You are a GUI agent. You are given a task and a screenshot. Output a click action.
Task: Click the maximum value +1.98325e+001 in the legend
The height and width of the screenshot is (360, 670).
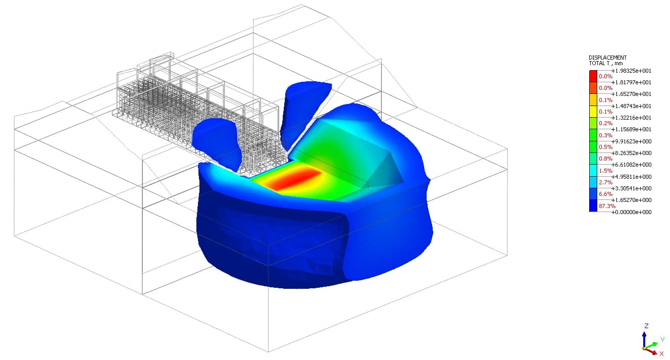coord(631,71)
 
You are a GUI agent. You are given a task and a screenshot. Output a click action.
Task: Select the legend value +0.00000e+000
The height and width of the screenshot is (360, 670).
coord(631,212)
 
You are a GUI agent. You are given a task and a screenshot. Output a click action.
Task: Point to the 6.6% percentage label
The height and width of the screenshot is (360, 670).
coord(605,194)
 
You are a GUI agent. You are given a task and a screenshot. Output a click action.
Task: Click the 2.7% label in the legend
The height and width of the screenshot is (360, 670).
coord(605,182)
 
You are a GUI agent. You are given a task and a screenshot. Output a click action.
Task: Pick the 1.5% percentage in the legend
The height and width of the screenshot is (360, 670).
coord(605,171)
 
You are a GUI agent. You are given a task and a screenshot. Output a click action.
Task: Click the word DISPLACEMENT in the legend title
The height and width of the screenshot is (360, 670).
coord(607,58)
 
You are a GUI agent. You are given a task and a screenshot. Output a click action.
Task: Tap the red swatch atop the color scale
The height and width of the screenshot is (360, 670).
coord(593,76)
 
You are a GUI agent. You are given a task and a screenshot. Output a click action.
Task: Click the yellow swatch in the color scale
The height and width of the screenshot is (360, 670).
coord(593,112)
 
